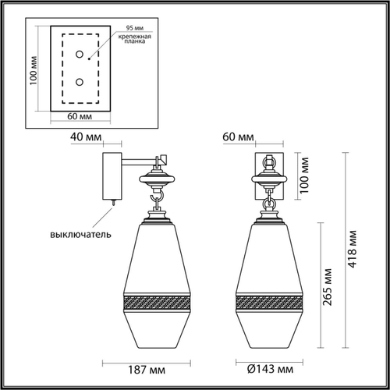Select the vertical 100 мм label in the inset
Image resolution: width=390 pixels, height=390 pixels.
33,72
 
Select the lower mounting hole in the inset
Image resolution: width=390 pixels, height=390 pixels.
78,81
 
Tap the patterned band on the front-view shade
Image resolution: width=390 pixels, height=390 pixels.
269,303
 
